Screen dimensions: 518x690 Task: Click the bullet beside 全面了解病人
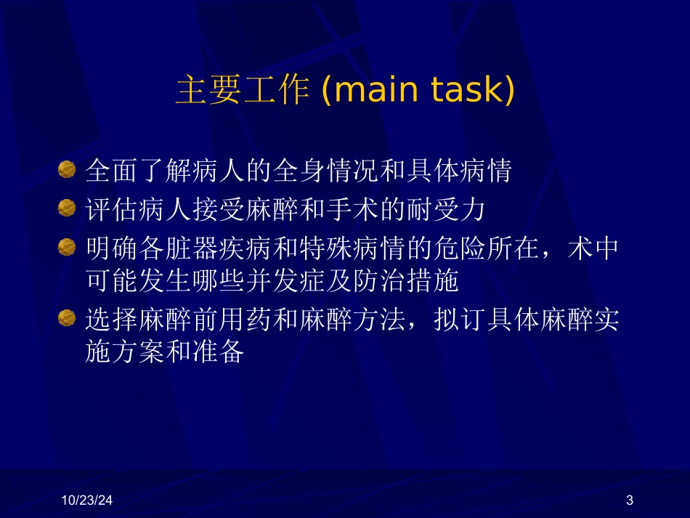click(x=67, y=171)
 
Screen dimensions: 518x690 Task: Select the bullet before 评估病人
click(x=67, y=210)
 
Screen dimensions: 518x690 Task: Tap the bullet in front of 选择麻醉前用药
click(x=67, y=318)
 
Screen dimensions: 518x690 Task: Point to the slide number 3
click(x=629, y=500)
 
